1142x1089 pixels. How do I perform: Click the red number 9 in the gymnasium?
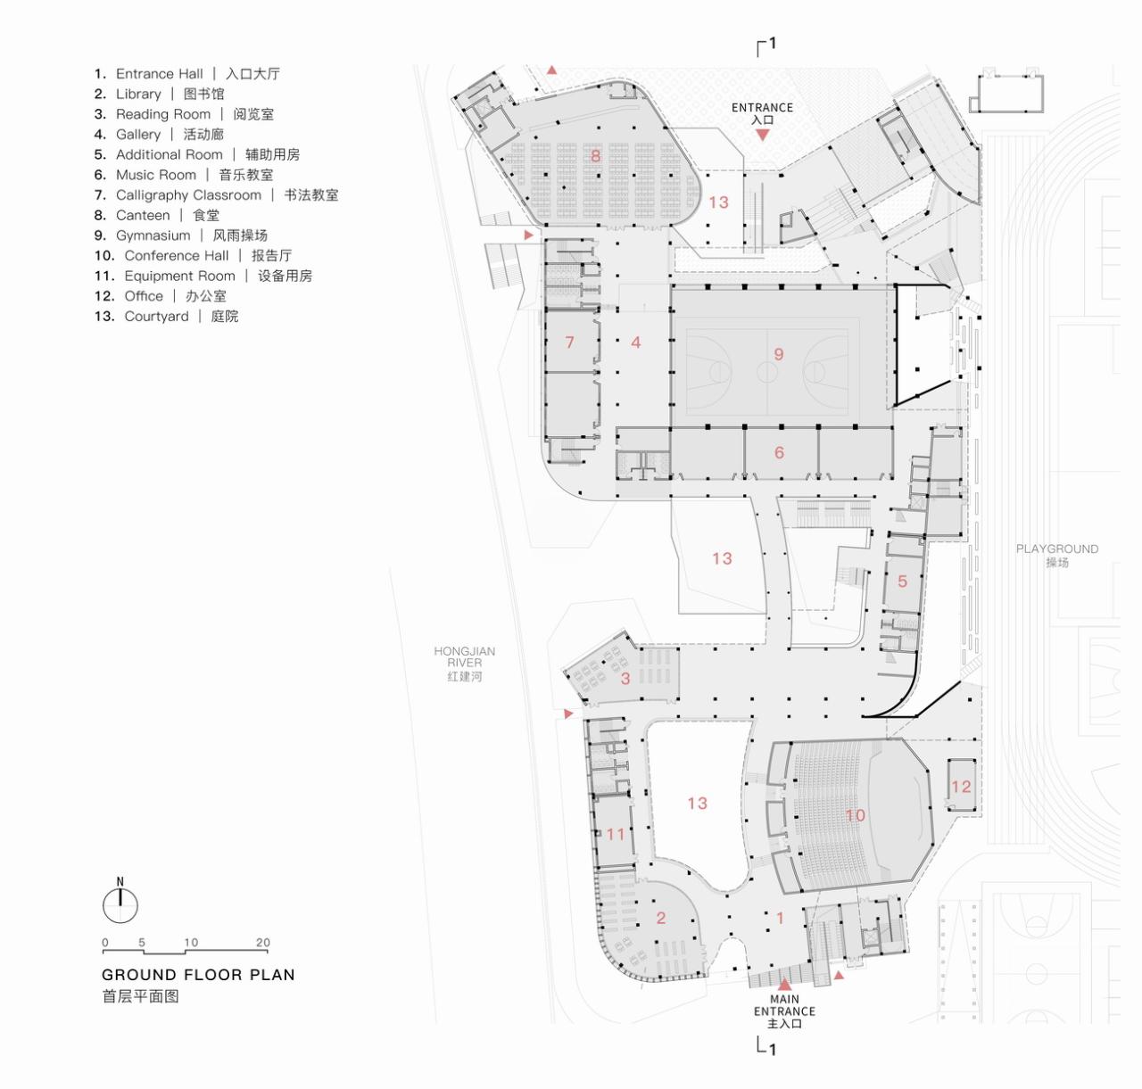tap(778, 355)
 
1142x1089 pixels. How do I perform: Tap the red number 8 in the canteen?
tap(595, 156)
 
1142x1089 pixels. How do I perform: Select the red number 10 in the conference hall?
tap(855, 815)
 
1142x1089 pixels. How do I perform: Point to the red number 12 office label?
tap(961, 787)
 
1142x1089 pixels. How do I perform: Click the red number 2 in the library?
tap(661, 918)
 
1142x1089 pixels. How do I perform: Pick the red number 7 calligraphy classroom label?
tap(569, 342)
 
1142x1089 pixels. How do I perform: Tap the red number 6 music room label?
tap(779, 453)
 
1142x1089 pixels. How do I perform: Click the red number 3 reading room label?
tap(625, 678)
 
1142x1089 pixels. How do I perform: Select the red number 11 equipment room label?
tap(616, 835)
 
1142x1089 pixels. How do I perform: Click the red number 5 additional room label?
tap(902, 582)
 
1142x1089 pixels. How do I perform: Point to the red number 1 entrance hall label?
tap(781, 917)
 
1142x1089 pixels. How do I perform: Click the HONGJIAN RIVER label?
tap(464, 664)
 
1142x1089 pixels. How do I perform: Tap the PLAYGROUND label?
tap(1057, 555)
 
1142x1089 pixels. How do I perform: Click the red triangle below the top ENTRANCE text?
tap(762, 136)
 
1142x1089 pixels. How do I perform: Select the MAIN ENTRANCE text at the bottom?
tap(784, 1011)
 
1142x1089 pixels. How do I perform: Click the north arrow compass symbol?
tap(120, 903)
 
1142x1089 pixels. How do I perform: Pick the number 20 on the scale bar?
tap(262, 943)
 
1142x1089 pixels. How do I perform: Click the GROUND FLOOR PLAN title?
tap(198, 975)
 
